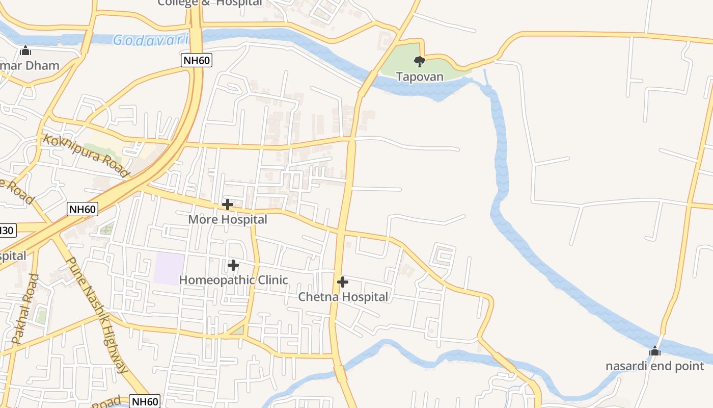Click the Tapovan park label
(420, 77)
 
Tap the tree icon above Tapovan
(420, 62)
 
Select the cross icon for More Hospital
(228, 205)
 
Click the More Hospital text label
(228, 219)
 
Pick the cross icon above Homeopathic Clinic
(233, 265)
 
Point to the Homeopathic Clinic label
(233, 280)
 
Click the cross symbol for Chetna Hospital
(343, 282)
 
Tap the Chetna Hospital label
(343, 297)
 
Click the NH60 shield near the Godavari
(197, 61)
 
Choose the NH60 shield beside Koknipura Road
(82, 209)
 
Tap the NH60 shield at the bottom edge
(145, 401)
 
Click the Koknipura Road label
(86, 155)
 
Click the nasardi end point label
(654, 366)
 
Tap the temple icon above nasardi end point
(655, 351)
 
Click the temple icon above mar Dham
(25, 50)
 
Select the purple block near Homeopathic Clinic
(170, 266)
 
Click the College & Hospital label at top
(210, 3)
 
